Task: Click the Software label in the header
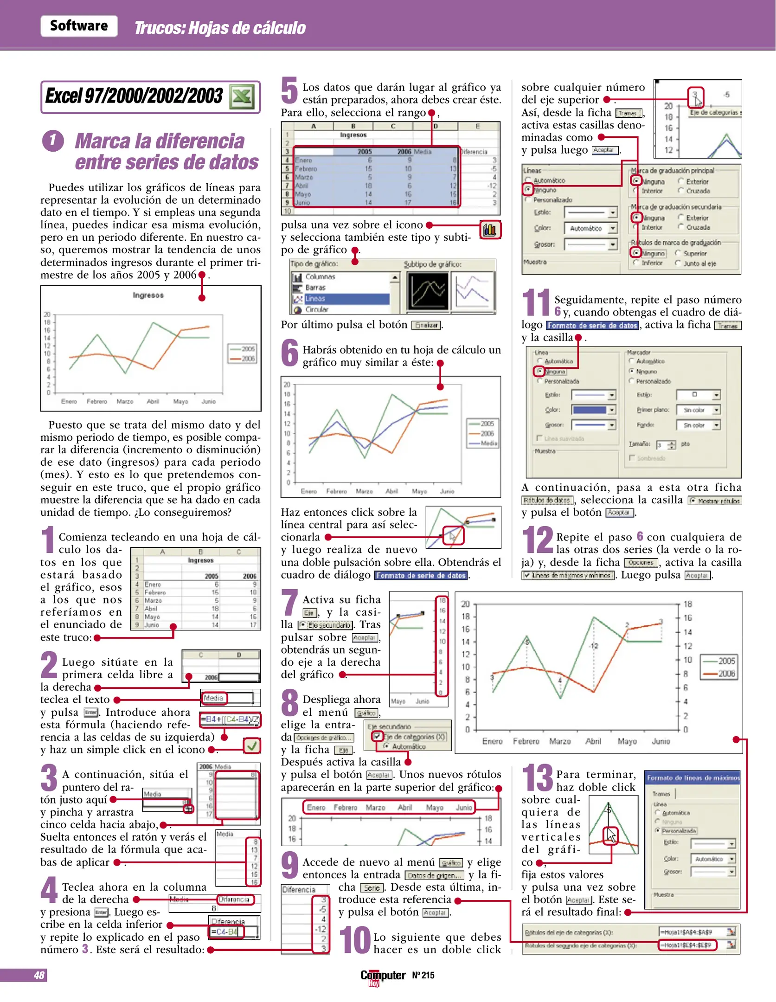click(x=79, y=26)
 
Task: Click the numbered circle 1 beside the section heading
click(x=52, y=141)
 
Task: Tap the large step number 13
click(x=537, y=778)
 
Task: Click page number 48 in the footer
click(x=39, y=975)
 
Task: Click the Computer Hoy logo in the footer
click(x=383, y=976)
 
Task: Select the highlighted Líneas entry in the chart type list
click(x=315, y=299)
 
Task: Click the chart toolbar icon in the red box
click(x=490, y=230)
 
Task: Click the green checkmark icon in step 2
click(x=252, y=745)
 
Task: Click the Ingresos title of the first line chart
click(x=148, y=295)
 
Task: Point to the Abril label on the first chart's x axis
click(x=153, y=401)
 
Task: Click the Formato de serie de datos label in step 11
click(x=592, y=326)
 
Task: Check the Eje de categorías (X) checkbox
click(x=378, y=736)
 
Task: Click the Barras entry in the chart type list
click(x=315, y=288)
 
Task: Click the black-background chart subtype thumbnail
click(x=427, y=290)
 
